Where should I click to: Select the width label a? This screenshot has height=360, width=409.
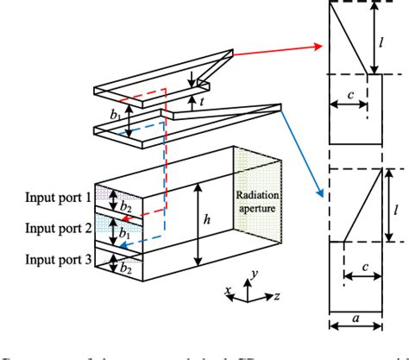(355, 317)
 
